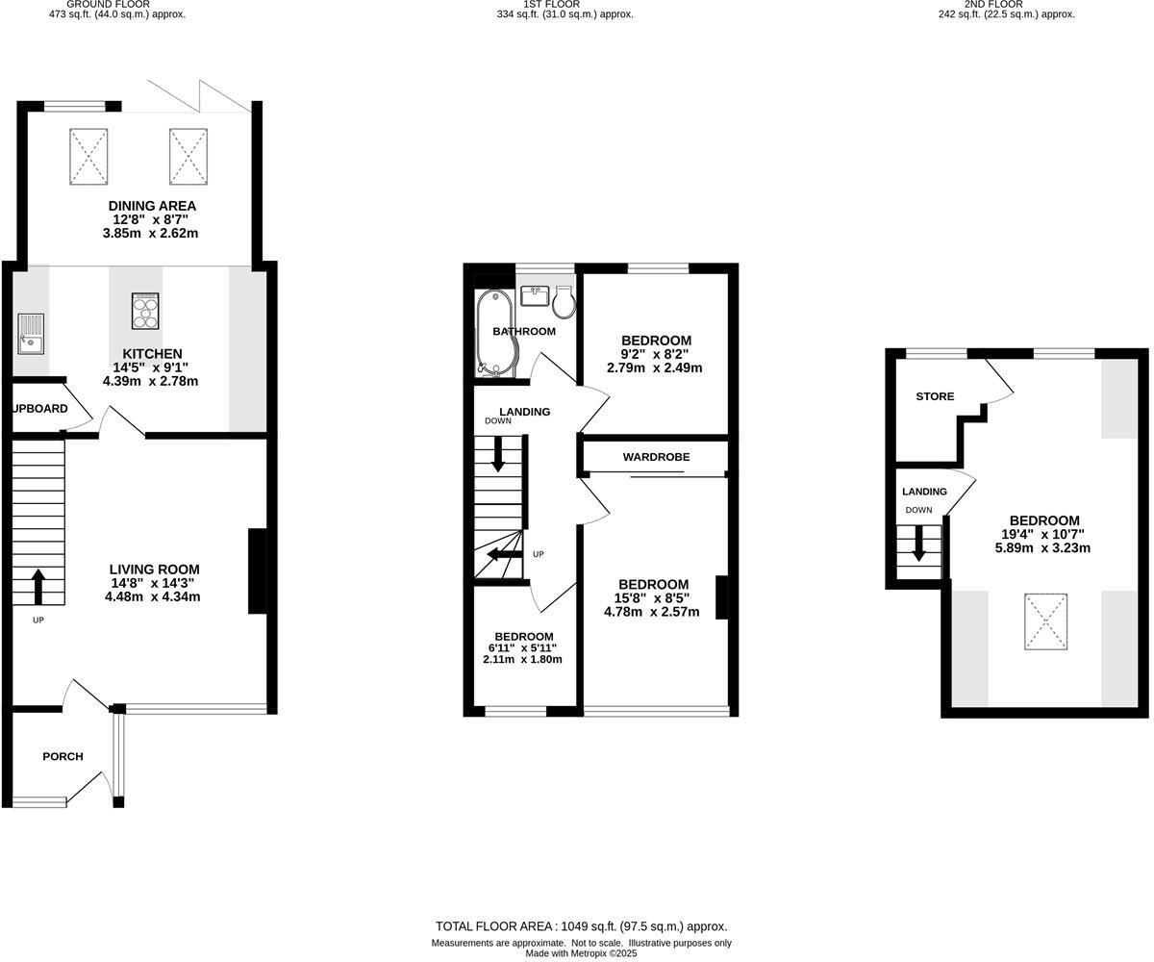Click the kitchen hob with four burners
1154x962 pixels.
pos(145,311)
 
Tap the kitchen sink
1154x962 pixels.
pos(30,332)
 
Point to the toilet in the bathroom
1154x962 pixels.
pos(564,300)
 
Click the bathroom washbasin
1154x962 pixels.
pos(534,294)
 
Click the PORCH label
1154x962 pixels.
pos(63,756)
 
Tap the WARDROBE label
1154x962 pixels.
pos(656,457)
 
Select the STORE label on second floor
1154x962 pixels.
pos(935,396)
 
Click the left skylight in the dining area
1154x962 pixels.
pos(88,156)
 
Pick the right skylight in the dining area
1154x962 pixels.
pos(188,156)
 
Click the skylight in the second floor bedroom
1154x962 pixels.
pos(1045,621)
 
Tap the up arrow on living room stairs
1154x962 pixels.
pos(38,586)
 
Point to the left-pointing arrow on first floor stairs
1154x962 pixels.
pos(503,554)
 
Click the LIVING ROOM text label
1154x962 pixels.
pos(154,569)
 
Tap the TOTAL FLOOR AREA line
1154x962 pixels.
pos(581,926)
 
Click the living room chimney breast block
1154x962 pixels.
pos(257,570)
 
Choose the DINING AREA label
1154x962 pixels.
pos(152,206)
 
